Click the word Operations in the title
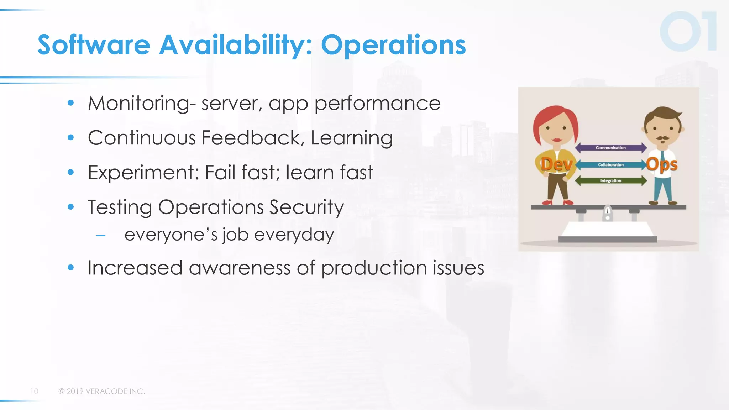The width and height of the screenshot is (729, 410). [393, 45]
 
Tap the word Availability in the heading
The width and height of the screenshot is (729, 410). [235, 45]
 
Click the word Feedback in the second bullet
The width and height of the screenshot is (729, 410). [251, 138]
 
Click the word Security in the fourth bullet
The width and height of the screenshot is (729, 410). [306, 207]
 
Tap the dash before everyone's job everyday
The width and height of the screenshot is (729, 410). [101, 235]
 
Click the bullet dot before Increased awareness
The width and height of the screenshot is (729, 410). [71, 268]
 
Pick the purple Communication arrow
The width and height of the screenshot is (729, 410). [610, 148]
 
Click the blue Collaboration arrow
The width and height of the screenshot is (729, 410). [610, 165]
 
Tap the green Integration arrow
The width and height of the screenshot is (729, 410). [610, 181]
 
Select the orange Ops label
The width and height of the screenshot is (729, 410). [662, 165]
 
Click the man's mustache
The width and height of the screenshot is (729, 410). [662, 138]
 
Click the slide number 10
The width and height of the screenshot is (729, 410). [34, 391]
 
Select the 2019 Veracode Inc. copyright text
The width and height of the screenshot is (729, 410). [102, 391]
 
